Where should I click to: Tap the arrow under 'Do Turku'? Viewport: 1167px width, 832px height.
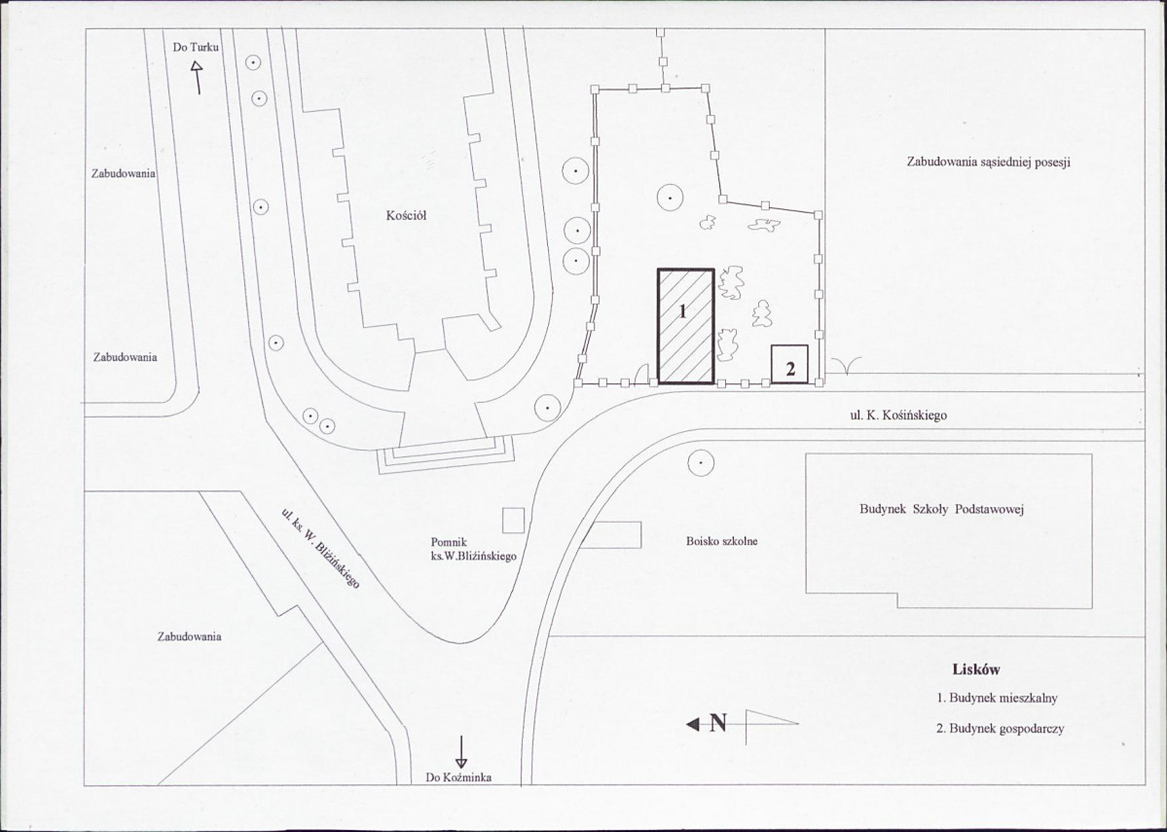[198, 78]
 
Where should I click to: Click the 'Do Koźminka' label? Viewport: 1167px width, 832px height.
[458, 778]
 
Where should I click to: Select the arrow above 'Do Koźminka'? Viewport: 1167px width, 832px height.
[461, 751]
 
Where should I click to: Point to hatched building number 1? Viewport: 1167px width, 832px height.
[685, 326]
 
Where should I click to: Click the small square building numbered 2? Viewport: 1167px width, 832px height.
[789, 364]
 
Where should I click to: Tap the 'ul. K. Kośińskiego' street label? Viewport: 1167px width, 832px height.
[898, 416]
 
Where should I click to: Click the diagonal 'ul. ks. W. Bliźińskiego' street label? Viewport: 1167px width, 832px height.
[321, 549]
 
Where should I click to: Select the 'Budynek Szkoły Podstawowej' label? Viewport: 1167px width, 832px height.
[942, 510]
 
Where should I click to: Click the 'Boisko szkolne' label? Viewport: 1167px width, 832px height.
[721, 542]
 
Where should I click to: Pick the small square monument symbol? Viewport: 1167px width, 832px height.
[514, 521]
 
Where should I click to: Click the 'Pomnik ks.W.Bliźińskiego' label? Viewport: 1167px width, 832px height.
[473, 549]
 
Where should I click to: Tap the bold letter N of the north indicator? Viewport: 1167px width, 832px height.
[717, 723]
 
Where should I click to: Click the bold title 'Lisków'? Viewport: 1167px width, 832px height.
[975, 669]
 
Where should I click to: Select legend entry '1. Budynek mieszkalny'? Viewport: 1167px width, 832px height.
[997, 698]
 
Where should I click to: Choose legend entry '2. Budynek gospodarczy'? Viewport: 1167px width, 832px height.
[1000, 729]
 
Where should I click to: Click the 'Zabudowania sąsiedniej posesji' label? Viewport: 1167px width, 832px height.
[988, 163]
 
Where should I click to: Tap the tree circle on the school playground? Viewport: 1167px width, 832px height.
[701, 463]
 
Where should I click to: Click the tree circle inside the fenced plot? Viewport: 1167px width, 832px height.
[670, 198]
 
